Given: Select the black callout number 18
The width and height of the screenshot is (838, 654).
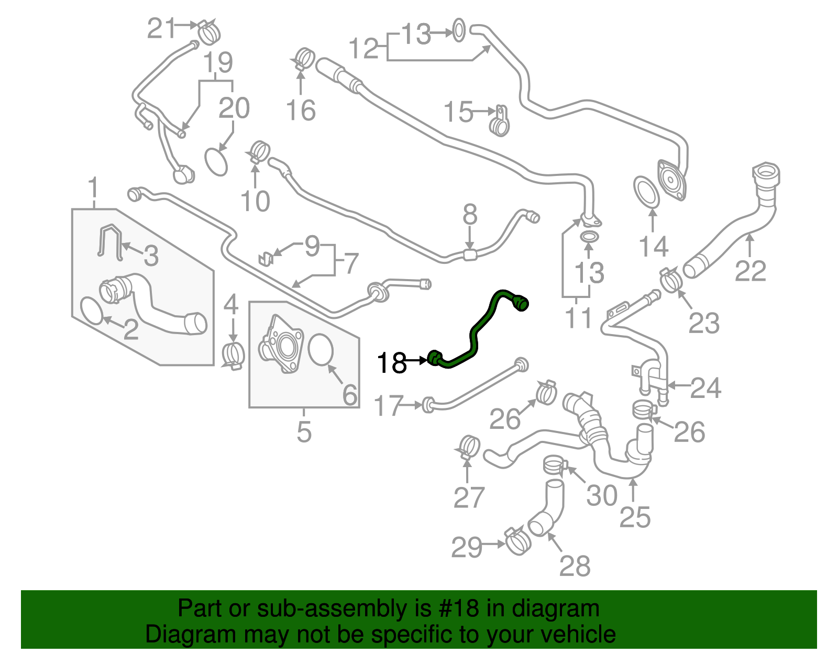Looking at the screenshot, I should [391, 362].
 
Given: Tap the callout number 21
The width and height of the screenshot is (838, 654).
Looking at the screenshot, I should [161, 28].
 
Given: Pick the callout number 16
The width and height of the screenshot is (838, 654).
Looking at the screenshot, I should [301, 110].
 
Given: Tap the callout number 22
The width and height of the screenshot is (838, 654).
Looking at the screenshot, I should [750, 271].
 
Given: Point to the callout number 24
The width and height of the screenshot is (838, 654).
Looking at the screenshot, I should [705, 388].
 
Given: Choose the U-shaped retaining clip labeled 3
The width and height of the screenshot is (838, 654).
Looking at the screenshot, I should [109, 242].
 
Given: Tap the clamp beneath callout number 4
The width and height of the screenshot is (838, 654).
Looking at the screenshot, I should [233, 355].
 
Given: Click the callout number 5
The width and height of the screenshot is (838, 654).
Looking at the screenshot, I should [304, 431].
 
